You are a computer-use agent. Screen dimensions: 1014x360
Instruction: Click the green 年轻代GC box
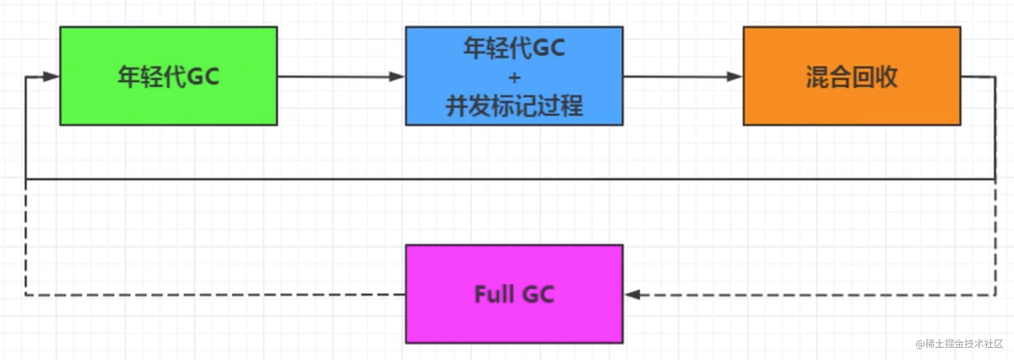pos(168,76)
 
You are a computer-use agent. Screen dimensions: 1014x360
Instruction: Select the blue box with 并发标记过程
pos(514,76)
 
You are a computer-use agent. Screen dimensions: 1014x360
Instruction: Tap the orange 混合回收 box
pos(852,76)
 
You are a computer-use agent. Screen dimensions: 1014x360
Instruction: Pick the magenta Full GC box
pos(514,294)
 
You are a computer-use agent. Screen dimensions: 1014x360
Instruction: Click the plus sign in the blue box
pos(514,77)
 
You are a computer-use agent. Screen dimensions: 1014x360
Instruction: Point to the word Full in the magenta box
pos(494,294)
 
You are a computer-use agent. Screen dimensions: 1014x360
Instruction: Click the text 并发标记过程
pos(514,106)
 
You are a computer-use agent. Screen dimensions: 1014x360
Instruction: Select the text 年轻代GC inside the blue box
pos(514,48)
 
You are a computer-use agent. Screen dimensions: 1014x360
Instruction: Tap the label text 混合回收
pos(852,77)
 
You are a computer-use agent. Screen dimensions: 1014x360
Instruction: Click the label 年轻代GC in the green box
pos(168,77)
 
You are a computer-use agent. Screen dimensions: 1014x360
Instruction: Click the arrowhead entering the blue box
pos(397,77)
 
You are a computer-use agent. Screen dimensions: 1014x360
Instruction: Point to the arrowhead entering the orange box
pos(735,77)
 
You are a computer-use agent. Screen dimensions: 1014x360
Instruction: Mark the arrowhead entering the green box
pos(51,77)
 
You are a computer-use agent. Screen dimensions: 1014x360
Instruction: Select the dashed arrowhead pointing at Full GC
pos(632,295)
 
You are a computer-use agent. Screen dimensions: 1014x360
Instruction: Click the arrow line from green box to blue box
pos(341,77)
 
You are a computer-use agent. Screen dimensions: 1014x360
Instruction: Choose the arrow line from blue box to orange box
pos(683,77)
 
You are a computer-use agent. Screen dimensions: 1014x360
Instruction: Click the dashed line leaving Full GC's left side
pos(215,295)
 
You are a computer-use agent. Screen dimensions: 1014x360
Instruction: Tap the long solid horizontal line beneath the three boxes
pos(510,179)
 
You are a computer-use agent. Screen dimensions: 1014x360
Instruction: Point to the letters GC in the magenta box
pos(538,294)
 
